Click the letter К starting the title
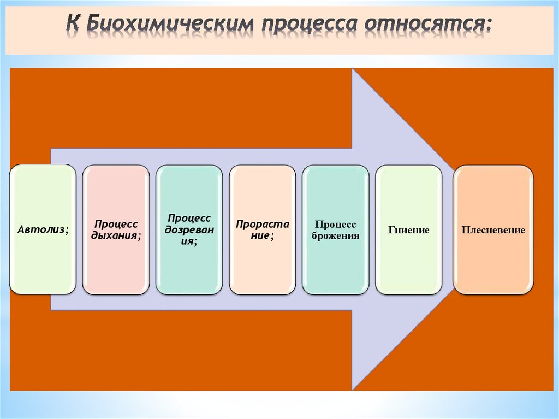(x=74, y=24)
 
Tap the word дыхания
(x=116, y=235)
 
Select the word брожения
(x=335, y=236)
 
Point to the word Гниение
(x=408, y=231)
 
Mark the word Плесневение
(x=493, y=230)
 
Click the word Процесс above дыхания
(x=116, y=225)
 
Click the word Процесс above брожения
(x=335, y=225)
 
